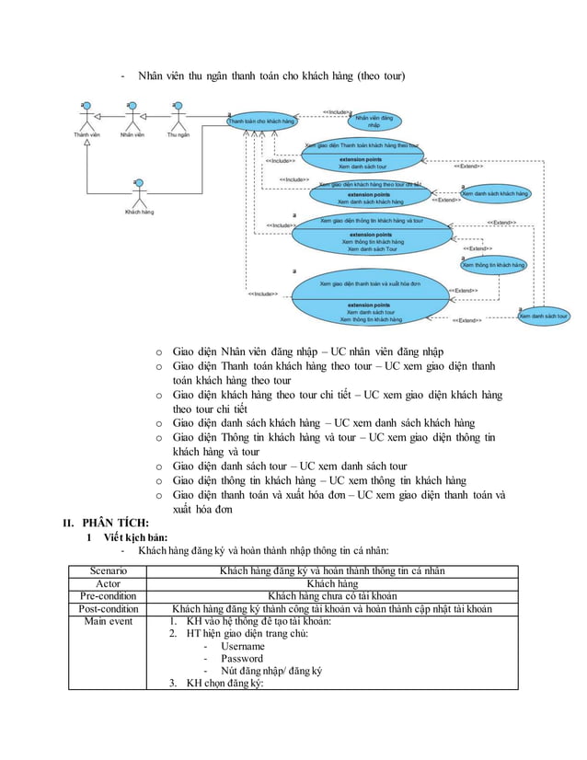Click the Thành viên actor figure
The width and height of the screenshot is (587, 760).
coord(87,118)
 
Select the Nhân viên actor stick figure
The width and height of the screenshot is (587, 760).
coord(132,118)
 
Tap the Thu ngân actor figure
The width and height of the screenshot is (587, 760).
coord(178,118)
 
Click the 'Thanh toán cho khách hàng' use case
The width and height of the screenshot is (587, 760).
coord(262,121)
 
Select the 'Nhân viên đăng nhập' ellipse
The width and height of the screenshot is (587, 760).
coord(374,121)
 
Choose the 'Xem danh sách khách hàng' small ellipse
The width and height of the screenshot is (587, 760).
coord(495,194)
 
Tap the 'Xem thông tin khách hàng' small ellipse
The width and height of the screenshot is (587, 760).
coord(493,265)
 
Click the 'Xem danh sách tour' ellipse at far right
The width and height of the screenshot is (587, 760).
coord(544,317)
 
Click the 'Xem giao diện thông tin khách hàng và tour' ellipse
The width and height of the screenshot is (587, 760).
coord(372,234)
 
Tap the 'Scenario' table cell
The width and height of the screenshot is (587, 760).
coord(108,570)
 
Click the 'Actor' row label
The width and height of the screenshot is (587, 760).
coord(108,583)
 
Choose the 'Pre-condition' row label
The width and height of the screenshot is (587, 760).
coord(108,595)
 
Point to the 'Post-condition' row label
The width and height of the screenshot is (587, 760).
coord(108,608)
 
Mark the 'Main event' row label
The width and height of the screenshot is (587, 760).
coord(108,621)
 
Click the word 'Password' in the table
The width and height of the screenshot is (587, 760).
coord(241,659)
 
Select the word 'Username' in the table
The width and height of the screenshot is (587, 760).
coord(242,647)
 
